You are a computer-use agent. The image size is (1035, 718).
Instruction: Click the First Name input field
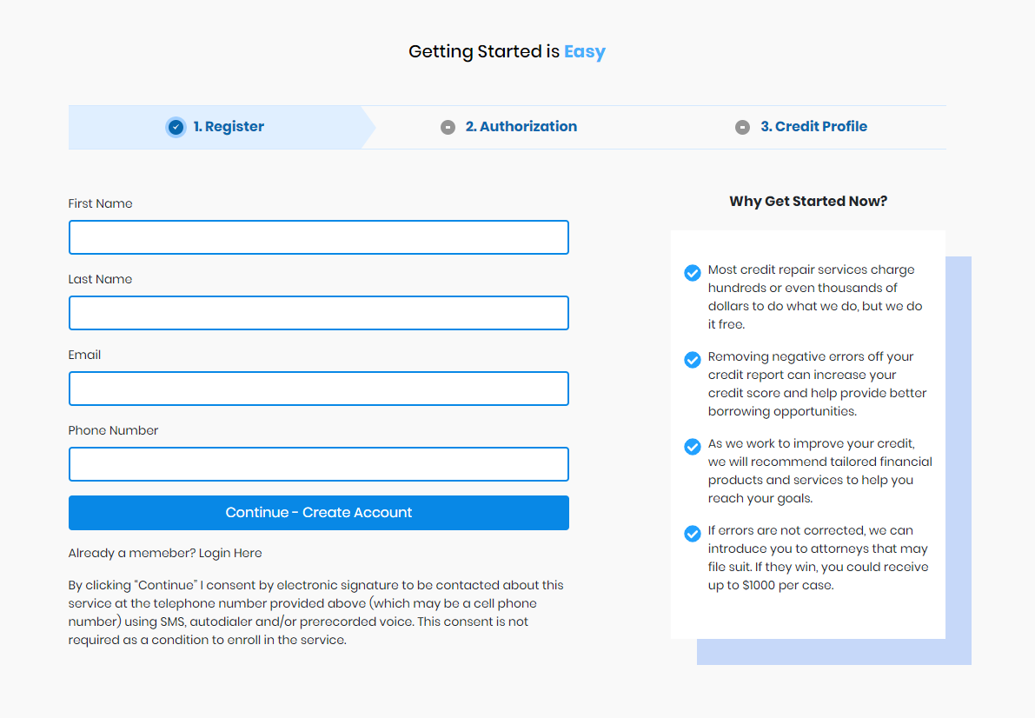[x=318, y=237]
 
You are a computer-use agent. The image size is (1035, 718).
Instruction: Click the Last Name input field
[x=318, y=313]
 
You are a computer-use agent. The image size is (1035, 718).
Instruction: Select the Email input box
[x=318, y=389]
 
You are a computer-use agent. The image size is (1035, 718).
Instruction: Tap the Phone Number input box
[x=318, y=464]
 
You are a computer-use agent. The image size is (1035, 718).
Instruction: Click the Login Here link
[x=230, y=553]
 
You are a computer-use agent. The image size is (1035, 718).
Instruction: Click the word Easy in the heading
[x=584, y=51]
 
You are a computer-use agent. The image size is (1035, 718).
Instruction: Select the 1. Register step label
[x=229, y=127]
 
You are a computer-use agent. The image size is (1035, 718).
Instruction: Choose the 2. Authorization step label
[x=521, y=127]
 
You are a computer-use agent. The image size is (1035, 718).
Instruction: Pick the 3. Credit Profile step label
[x=813, y=127]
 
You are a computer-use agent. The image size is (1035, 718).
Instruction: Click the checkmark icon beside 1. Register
[x=176, y=128]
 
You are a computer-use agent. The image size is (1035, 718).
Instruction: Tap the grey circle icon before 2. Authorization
[x=448, y=128]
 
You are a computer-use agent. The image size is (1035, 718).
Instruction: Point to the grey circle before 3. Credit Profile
[x=742, y=128]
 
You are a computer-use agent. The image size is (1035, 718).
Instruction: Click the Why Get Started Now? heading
[x=808, y=202]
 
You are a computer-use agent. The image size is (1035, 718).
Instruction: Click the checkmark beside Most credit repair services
[x=693, y=273]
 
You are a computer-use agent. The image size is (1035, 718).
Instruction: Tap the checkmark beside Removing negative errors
[x=693, y=360]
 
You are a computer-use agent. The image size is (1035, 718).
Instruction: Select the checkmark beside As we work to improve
[x=693, y=447]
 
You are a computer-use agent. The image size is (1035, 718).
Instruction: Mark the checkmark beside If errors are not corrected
[x=693, y=534]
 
